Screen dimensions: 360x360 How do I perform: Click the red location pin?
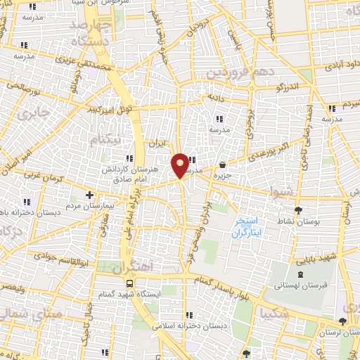(x=181, y=165)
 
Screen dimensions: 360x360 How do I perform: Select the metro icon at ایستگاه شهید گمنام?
(x=129, y=282)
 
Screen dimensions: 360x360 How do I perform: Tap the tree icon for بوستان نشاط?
(x=300, y=210)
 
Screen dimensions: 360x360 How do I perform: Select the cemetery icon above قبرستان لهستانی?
(x=301, y=273)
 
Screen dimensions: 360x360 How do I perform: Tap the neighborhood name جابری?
(x=34, y=115)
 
